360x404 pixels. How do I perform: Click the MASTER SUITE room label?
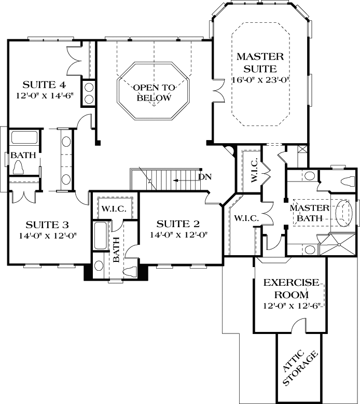pos(260,62)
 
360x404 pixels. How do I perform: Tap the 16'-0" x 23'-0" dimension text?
pos(260,80)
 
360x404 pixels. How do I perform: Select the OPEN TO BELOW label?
pos(154,92)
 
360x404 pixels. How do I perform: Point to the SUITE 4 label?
pos(44,85)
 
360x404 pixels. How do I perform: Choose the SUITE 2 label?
pos(178,224)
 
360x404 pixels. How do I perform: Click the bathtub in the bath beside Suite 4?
pos(24,138)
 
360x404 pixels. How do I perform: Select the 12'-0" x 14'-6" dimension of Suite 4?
pos(44,96)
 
